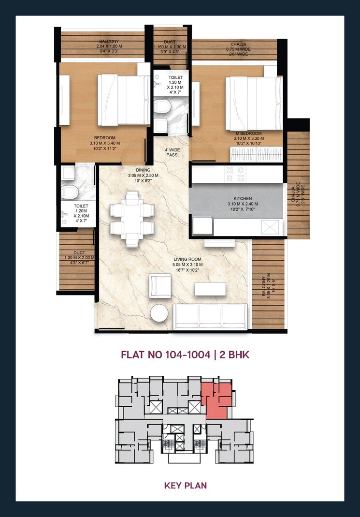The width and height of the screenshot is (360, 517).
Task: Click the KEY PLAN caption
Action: click(185, 485)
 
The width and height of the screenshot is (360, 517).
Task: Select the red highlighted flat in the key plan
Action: click(216, 400)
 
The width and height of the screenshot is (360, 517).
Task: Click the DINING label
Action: click(143, 170)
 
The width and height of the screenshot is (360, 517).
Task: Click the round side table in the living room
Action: click(159, 313)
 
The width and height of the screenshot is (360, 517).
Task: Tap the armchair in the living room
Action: click(159, 285)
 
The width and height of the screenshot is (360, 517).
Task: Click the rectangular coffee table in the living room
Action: click(210, 288)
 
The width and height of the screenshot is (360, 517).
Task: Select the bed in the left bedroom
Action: click(124, 99)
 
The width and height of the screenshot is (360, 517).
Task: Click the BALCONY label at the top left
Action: click(109, 42)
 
